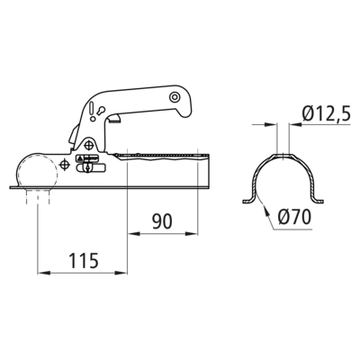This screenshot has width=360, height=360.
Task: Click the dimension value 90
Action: coord(162,221)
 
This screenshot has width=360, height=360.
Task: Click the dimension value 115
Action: coord(84,260)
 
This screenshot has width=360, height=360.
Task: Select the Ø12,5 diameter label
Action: coord(327,114)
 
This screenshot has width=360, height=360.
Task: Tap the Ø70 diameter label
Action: coord(294,217)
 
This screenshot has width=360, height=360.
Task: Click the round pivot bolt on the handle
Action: coord(174,97)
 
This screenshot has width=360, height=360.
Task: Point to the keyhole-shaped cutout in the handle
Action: coord(101,111)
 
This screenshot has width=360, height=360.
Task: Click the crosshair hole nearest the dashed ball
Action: coord(65,164)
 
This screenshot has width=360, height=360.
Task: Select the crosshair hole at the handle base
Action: coord(88,146)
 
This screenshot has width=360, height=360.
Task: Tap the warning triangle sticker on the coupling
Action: coord(80,157)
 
